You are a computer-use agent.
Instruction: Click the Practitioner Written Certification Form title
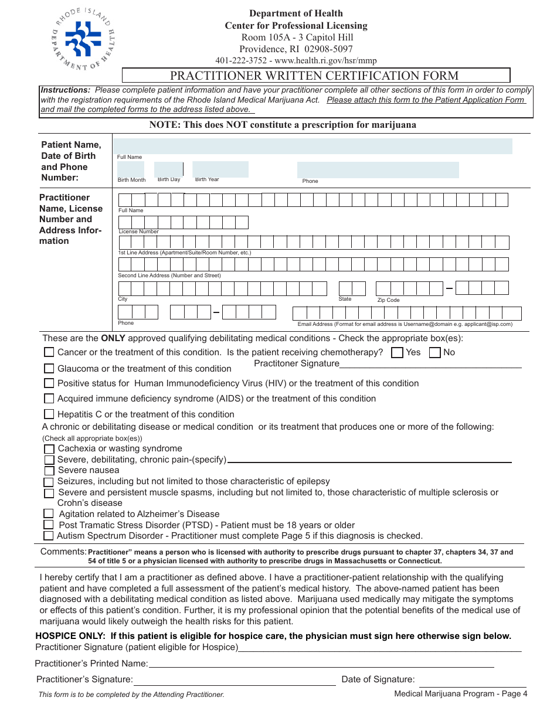(x=314, y=76)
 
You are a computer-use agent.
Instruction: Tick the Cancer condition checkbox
(x=49, y=352)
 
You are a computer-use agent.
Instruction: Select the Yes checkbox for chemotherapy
(x=397, y=352)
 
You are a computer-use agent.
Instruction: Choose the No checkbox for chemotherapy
(x=435, y=352)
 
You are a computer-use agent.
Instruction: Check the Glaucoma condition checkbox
(x=49, y=368)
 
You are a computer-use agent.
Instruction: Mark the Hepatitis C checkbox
(x=49, y=414)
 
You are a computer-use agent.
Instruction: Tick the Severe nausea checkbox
(x=49, y=470)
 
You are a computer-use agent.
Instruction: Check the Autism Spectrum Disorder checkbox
(x=49, y=535)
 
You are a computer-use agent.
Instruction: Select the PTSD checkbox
(x=49, y=525)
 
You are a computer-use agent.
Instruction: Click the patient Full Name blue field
(x=313, y=147)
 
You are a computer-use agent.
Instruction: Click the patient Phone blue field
(x=378, y=170)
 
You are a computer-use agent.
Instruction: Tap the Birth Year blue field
(x=220, y=169)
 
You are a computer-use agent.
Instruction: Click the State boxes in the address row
(x=352, y=288)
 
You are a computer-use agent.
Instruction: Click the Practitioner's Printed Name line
(x=321, y=666)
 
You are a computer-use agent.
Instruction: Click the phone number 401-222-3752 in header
(x=241, y=60)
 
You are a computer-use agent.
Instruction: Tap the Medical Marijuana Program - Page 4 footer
(x=460, y=694)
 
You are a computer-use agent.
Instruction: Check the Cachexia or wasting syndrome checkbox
(x=49, y=448)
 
